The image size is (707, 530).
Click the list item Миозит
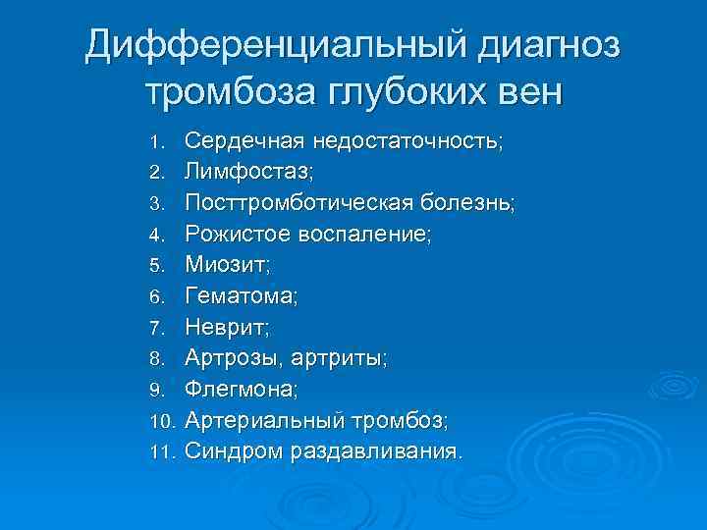[227, 265]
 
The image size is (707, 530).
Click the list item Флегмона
[242, 391]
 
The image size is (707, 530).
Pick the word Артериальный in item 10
[265, 422]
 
